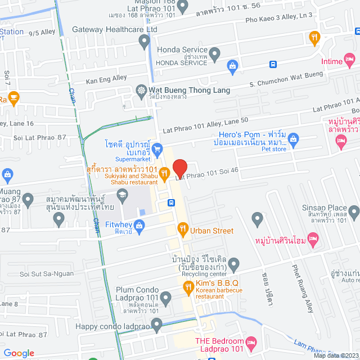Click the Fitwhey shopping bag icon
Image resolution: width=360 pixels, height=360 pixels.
[140, 226]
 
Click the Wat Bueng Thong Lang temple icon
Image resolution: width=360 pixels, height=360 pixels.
[141, 90]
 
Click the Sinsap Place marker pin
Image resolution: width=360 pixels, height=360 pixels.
[354, 213]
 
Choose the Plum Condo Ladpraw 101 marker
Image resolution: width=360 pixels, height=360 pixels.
[165, 296]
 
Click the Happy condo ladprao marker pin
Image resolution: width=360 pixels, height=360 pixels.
[157, 323]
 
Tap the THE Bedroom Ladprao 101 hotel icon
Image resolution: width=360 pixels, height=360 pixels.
[251, 342]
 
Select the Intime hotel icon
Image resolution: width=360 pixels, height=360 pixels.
[349, 58]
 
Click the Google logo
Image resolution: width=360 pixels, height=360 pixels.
[19, 353]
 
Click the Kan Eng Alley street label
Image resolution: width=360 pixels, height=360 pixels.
[106, 78]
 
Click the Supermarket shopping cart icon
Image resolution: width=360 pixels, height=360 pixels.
[157, 149]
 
